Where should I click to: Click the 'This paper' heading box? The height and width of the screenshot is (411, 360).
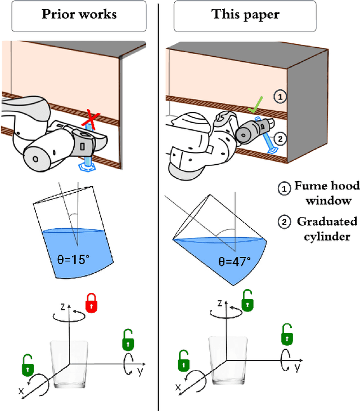pyautogui.click(x=245, y=15)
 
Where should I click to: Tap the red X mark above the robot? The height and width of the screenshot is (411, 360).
pyautogui.click(x=90, y=119)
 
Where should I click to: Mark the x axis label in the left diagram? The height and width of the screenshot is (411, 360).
pyautogui.click(x=21, y=390)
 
